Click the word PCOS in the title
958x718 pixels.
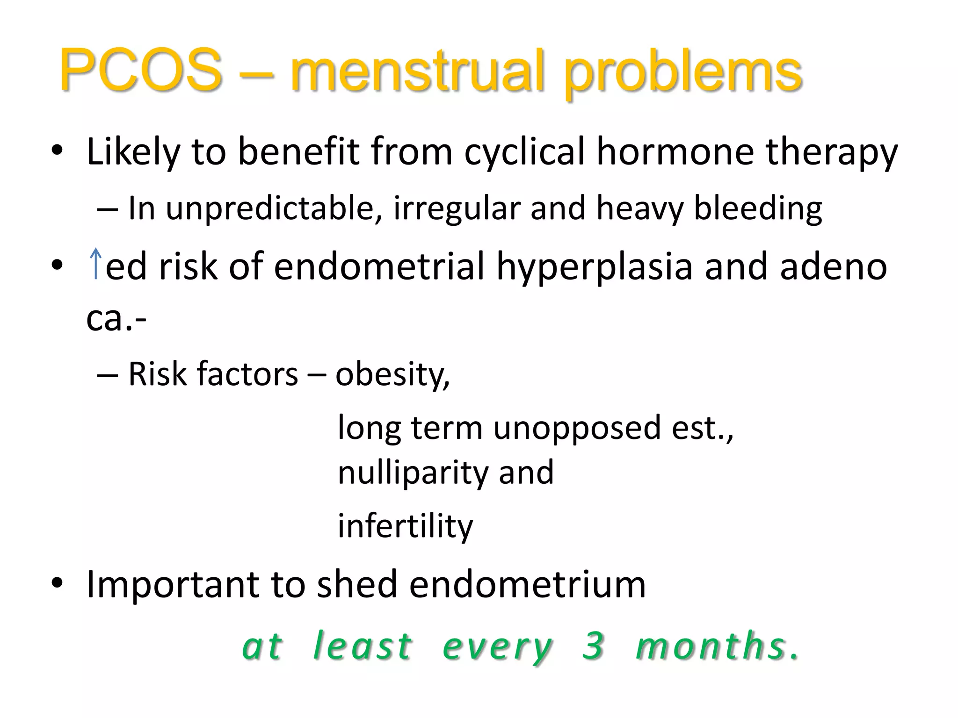[140, 70]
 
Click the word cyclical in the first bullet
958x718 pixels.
[524, 152]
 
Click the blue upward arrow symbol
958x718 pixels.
[95, 264]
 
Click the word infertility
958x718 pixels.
[405, 526]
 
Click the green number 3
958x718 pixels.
[593, 645]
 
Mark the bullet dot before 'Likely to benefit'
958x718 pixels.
[57, 151]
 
